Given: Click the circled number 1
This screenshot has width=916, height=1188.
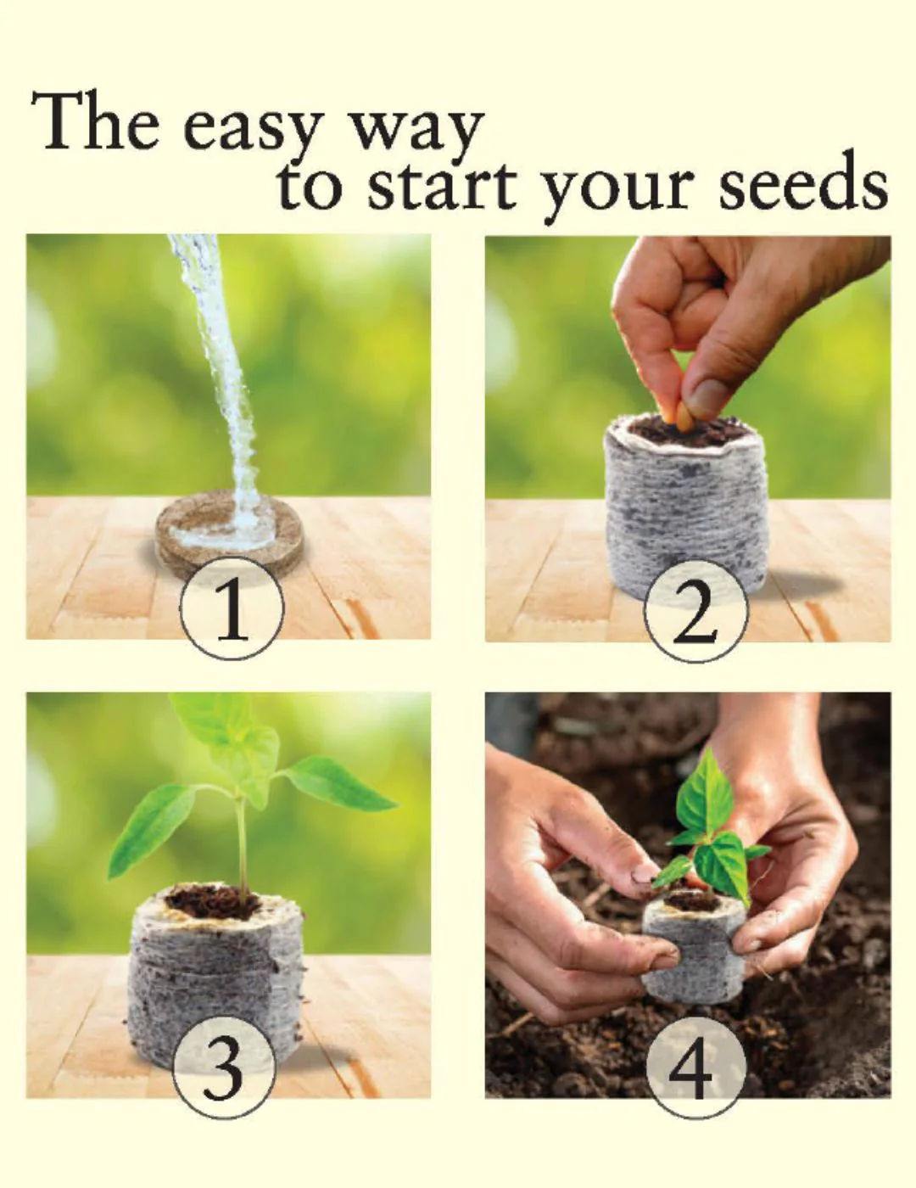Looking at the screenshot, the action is pos(232,613).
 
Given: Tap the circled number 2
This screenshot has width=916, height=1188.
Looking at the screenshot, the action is pos(695,615).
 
